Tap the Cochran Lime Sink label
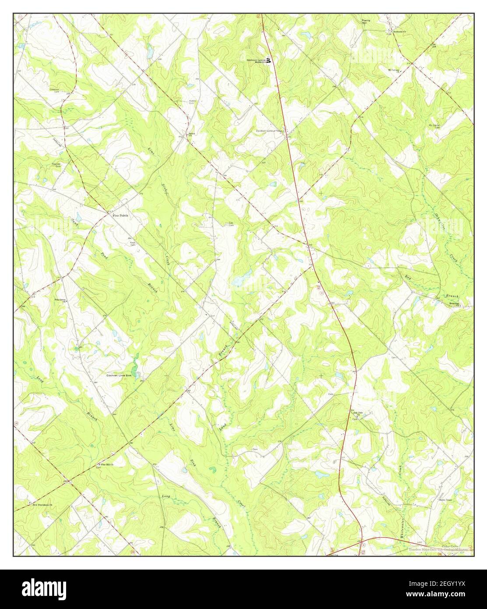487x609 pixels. click(120, 375)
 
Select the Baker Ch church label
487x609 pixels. click(191, 135)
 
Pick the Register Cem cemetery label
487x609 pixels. click(56, 165)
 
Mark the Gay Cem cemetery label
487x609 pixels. click(231, 224)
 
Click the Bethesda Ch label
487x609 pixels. click(397, 33)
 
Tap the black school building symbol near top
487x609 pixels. click(268, 60)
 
